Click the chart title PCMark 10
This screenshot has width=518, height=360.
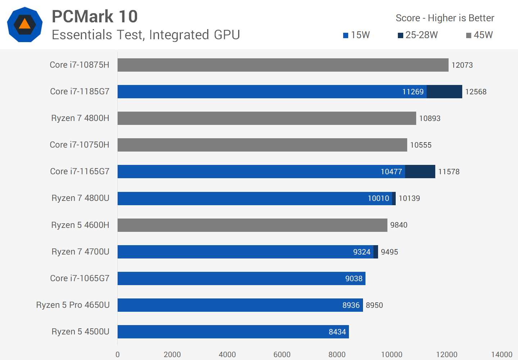[95, 17]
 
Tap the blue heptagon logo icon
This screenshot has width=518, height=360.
[25, 24]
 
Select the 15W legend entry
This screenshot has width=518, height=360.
[356, 35]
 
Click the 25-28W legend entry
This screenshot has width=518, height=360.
[418, 35]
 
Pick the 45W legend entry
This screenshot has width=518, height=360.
[479, 35]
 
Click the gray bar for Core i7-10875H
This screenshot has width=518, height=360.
[283, 65]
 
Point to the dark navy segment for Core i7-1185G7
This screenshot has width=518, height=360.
[444, 91]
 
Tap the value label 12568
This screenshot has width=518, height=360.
[476, 92]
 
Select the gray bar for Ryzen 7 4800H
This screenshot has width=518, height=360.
[267, 118]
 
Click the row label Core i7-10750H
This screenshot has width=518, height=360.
[79, 145]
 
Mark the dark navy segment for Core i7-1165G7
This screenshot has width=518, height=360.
[420, 171]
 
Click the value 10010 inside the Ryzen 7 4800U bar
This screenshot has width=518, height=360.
[378, 198]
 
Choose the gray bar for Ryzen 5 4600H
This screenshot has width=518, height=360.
[252, 225]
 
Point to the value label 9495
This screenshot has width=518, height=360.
[389, 252]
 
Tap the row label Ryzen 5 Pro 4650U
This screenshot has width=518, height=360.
[73, 305]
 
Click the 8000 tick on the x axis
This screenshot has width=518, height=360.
[337, 354]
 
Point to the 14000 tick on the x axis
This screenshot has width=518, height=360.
[501, 354]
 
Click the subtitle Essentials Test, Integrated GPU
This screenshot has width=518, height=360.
[146, 35]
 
